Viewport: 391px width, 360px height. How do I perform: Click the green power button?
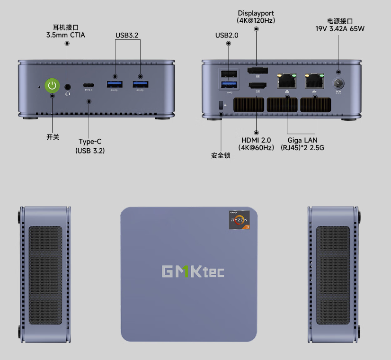[52, 86]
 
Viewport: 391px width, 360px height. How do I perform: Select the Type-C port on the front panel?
[89, 85]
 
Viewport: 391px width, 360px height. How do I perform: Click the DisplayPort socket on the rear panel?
[257, 72]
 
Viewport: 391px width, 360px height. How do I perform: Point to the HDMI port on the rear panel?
[257, 86]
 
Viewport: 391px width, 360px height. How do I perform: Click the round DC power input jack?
[338, 83]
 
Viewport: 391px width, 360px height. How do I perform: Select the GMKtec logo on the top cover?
[193, 271]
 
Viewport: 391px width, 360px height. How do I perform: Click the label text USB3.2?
[127, 35]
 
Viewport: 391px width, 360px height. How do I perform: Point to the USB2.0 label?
[227, 35]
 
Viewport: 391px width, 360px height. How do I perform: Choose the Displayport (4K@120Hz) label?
[256, 17]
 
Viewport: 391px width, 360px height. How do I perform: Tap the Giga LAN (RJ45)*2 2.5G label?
[302, 144]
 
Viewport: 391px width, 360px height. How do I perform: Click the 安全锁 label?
[221, 155]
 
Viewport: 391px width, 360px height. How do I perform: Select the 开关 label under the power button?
[53, 137]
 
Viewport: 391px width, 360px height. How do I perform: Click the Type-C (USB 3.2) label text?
[90, 146]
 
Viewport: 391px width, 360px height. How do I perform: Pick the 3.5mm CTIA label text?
[66, 35]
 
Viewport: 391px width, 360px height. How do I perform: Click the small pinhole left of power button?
[39, 87]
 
